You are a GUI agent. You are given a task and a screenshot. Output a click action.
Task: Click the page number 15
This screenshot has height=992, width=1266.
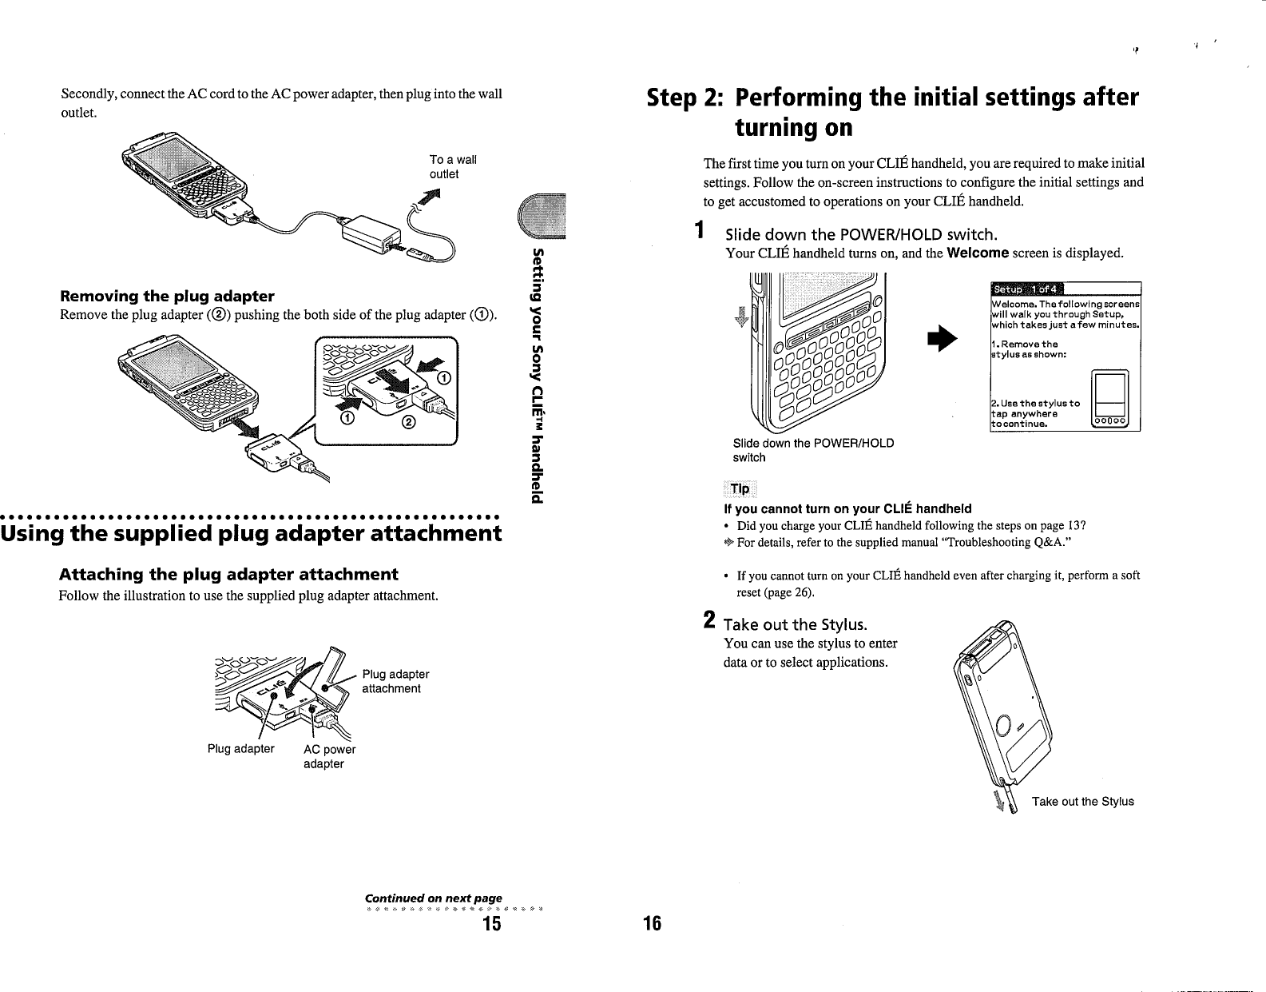[490, 925]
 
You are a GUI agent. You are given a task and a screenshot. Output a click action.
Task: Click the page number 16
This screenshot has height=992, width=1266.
[652, 925]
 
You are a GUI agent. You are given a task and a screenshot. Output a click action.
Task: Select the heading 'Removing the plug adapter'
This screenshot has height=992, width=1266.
[167, 297]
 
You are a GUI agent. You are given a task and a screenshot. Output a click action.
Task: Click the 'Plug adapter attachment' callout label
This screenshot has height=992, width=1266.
[395, 681]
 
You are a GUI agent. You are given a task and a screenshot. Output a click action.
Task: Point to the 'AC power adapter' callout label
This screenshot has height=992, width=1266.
[328, 756]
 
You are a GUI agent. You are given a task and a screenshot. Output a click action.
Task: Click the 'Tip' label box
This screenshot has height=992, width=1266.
[740, 489]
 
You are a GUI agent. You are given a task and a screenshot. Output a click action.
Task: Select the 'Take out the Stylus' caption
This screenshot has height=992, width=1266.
[1082, 802]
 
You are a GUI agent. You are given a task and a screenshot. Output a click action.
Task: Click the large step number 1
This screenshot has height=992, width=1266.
[699, 231]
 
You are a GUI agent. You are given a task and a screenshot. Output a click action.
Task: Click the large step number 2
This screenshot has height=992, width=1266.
[708, 620]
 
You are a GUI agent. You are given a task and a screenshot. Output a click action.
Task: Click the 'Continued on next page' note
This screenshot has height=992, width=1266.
[433, 899]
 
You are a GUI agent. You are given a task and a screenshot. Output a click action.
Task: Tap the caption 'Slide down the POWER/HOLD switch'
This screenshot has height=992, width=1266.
[813, 450]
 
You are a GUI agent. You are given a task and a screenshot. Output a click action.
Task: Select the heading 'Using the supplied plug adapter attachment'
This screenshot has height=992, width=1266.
[252, 533]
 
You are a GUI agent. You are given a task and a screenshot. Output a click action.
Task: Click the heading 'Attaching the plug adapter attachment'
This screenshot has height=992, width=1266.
[228, 575]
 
